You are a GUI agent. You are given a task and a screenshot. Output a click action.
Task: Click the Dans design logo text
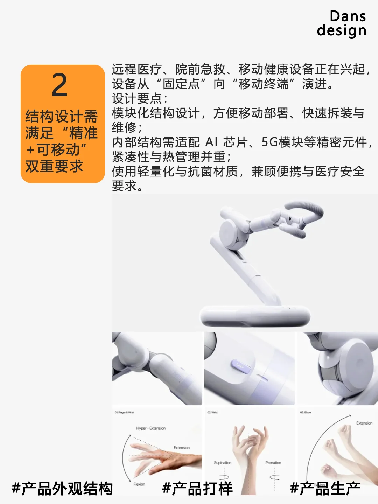(x=342, y=23)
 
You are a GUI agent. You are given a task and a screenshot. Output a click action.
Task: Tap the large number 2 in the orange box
(x=60, y=85)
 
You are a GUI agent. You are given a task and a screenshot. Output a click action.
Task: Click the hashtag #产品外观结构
(x=62, y=489)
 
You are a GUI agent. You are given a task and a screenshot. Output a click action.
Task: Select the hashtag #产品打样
(x=197, y=489)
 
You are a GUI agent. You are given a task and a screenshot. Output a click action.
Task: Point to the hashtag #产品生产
(x=325, y=489)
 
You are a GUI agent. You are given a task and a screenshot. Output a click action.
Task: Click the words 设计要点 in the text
(x=137, y=98)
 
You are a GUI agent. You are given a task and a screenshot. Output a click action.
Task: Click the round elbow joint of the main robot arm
(x=233, y=231)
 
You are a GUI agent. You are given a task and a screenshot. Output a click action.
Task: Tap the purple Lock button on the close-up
(x=240, y=366)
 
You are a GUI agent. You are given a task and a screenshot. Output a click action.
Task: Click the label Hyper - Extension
(x=151, y=428)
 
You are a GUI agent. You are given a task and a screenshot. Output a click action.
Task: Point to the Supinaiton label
(x=223, y=463)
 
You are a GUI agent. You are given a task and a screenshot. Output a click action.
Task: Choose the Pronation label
(x=273, y=463)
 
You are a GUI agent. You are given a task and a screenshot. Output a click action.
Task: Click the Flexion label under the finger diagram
(x=139, y=484)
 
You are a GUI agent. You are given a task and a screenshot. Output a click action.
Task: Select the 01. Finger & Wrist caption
(x=125, y=413)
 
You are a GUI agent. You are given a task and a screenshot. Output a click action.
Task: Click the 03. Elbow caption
(x=306, y=413)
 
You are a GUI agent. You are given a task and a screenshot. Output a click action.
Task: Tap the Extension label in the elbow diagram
(x=364, y=423)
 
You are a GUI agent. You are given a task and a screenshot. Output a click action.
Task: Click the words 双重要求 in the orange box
(x=54, y=166)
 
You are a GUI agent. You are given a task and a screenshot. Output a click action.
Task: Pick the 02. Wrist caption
(x=212, y=413)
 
